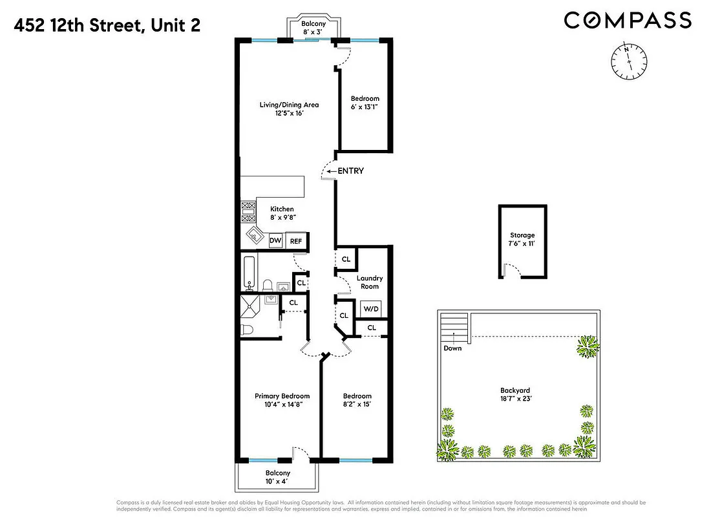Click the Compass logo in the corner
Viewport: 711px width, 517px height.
click(x=628, y=20)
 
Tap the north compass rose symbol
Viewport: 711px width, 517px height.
click(x=626, y=62)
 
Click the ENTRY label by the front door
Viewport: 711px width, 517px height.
click(x=350, y=171)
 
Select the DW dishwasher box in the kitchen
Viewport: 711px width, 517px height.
click(x=275, y=241)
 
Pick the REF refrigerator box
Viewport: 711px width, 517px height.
click(x=296, y=241)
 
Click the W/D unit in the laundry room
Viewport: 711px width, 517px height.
click(x=370, y=309)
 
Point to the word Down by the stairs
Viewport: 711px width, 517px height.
click(x=452, y=348)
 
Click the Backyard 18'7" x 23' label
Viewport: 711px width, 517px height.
click(x=515, y=395)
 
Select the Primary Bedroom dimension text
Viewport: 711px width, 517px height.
click(x=282, y=405)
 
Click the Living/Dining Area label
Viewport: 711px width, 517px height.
click(x=289, y=109)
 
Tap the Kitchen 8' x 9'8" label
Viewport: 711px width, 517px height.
click(x=282, y=213)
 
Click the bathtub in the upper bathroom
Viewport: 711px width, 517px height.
click(x=249, y=273)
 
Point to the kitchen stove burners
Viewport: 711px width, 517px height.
click(x=248, y=213)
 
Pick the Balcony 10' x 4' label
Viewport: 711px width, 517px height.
click(x=276, y=478)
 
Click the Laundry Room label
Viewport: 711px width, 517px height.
click(x=370, y=282)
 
